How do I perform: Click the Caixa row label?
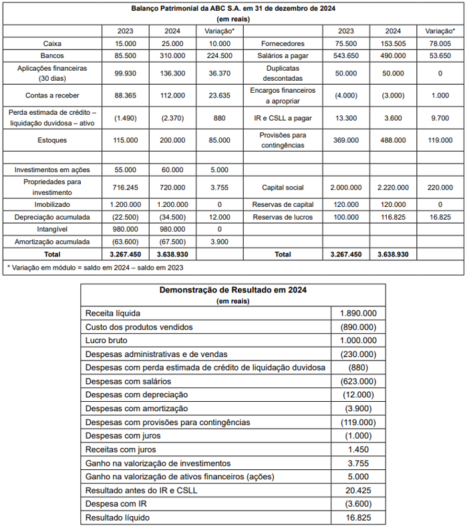click(x=52, y=43)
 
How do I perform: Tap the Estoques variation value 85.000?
click(x=219, y=140)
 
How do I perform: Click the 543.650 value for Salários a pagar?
click(x=346, y=56)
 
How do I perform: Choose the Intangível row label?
click(x=52, y=229)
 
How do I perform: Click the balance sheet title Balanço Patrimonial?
click(x=232, y=9)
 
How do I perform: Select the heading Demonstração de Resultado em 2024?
click(x=232, y=290)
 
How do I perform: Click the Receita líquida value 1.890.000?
click(x=358, y=313)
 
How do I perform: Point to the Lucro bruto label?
click(x=106, y=340)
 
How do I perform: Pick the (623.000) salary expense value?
click(x=358, y=381)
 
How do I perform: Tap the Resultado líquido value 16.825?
click(x=358, y=517)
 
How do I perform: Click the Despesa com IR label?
click(x=116, y=504)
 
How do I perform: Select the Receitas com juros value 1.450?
click(x=358, y=449)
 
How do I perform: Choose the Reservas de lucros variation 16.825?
click(x=440, y=217)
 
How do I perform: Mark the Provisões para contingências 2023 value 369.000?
click(x=346, y=140)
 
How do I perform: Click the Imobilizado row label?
click(x=52, y=204)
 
